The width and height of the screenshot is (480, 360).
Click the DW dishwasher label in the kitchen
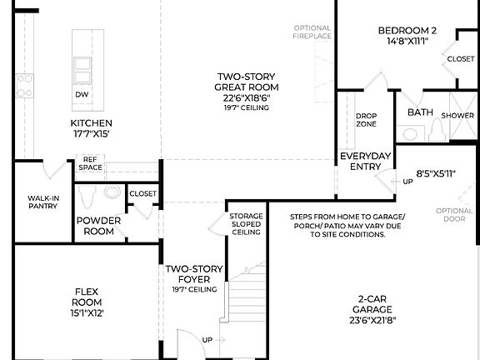82,95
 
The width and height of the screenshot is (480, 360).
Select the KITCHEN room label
90,127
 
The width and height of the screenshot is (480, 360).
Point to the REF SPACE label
91,163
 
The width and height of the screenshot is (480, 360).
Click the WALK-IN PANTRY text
42,202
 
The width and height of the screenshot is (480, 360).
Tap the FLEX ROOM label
87,302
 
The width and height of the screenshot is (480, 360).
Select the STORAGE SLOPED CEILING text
246,223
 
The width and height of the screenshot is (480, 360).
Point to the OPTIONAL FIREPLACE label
312,32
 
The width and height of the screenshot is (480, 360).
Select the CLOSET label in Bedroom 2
460,59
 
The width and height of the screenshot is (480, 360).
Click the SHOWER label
457,115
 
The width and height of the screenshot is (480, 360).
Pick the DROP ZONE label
366,120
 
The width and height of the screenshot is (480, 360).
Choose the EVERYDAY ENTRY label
365,162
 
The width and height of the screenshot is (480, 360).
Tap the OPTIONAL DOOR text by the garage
454,216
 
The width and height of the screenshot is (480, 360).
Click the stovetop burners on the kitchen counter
25,85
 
